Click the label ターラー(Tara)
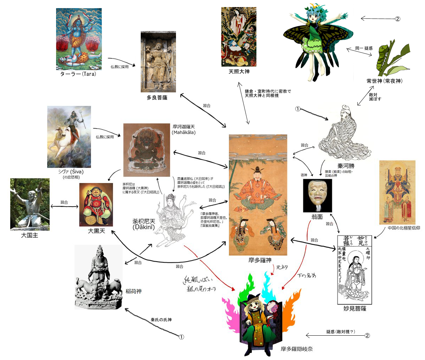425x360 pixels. pyautogui.click(x=78, y=74)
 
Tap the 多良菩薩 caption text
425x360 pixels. pyautogui.click(x=157, y=97)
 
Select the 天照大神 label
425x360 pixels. pyautogui.click(x=239, y=72)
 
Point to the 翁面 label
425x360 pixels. pyautogui.click(x=317, y=217)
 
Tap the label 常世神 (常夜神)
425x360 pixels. pyautogui.click(x=384, y=81)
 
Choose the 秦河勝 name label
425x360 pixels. pyautogui.click(x=346, y=166)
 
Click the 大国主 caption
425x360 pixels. pyautogui.click(x=30, y=235)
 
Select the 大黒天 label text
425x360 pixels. pyautogui.click(x=96, y=231)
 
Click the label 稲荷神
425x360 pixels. pyautogui.click(x=134, y=291)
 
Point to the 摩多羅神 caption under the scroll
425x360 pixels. pyautogui.click(x=260, y=260)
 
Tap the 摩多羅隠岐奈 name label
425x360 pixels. pyautogui.click(x=297, y=349)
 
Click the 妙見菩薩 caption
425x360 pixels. pyautogui.click(x=354, y=309)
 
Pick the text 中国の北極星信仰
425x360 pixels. pyautogui.click(x=404, y=228)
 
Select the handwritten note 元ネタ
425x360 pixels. pyautogui.click(x=282, y=268)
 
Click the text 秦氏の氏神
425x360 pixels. pyautogui.click(x=161, y=320)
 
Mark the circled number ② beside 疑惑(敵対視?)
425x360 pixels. pyautogui.click(x=367, y=335)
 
